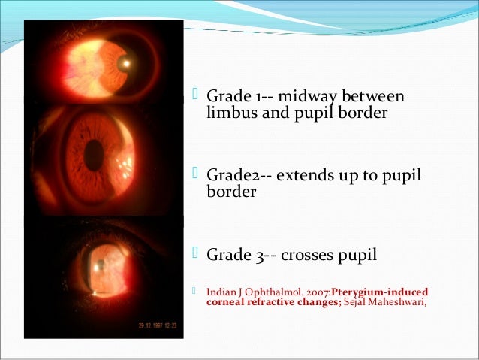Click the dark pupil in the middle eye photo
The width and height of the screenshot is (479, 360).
coord(94,156)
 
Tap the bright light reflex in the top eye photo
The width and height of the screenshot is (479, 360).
coord(126,63)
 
